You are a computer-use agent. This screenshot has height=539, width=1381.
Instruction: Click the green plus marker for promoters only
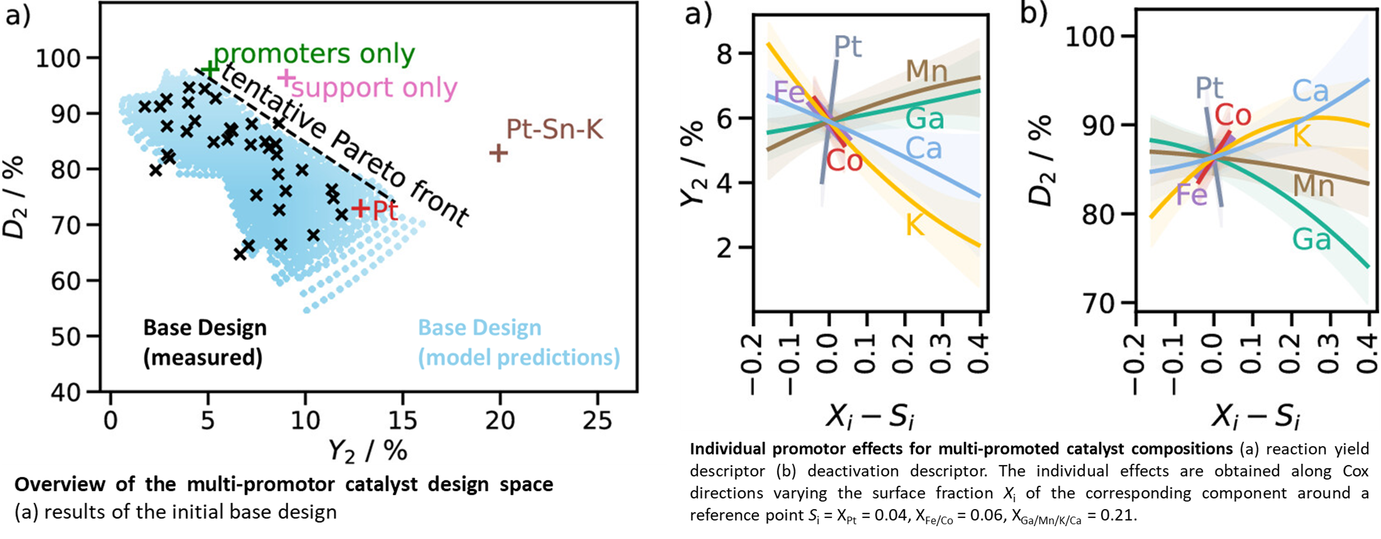click(210, 69)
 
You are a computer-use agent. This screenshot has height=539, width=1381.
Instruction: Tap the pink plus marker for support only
click(286, 78)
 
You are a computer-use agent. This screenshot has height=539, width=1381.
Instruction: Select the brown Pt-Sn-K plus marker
click(498, 153)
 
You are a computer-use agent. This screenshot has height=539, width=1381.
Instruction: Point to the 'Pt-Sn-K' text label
click(555, 129)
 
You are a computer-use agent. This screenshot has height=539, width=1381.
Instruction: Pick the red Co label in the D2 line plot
click(1233, 115)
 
